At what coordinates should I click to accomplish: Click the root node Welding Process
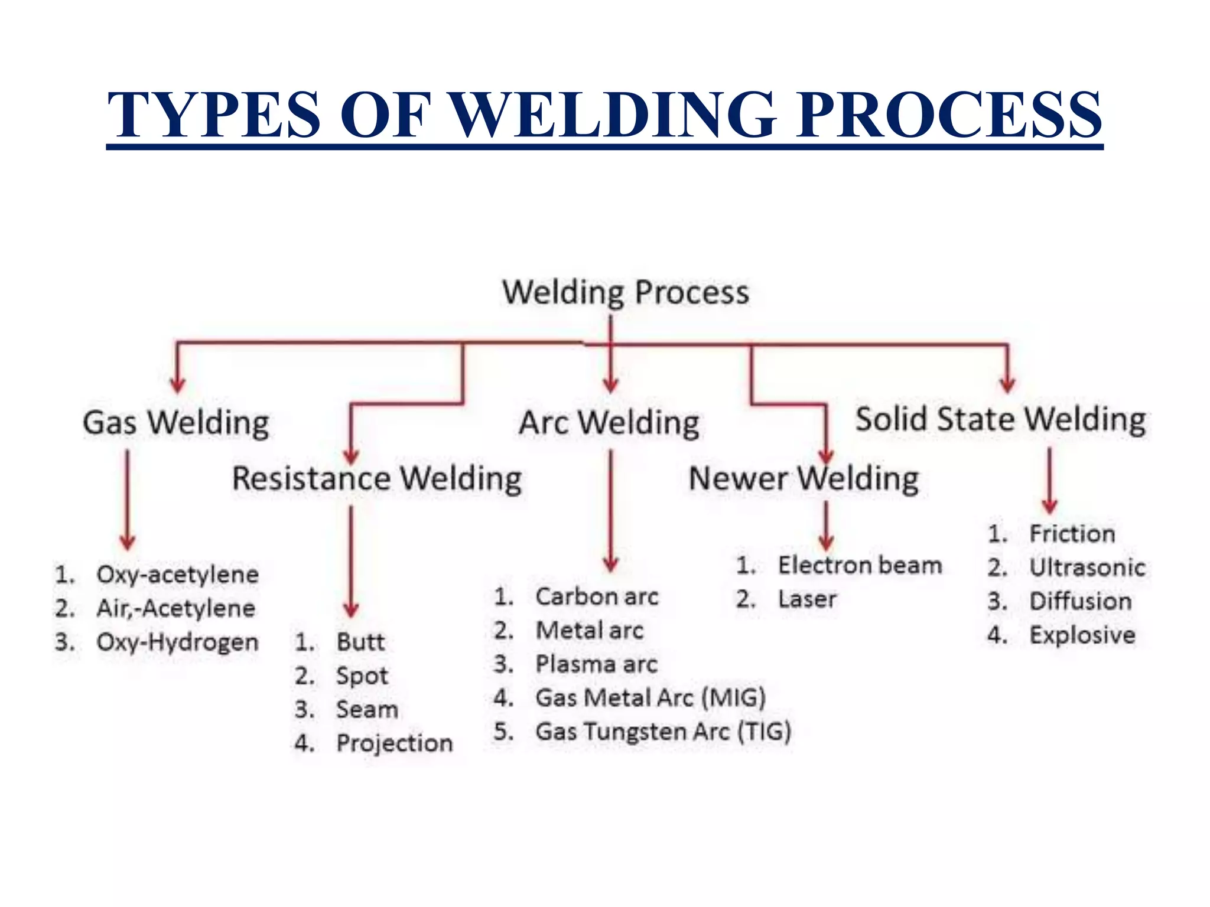626,292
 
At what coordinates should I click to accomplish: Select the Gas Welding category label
176,423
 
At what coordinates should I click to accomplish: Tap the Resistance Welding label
377,478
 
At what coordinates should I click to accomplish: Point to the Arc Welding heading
609,423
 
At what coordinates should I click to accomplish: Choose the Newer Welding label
804,478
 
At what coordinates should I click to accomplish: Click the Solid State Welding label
1001,419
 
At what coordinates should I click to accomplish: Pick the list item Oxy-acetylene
177,575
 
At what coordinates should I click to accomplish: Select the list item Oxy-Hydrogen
177,642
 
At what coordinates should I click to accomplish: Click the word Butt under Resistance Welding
360,642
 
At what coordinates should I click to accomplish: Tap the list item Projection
394,743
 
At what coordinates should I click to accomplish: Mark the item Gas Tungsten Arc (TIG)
663,732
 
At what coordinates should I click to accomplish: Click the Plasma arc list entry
596,664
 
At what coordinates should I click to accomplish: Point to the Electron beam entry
860,565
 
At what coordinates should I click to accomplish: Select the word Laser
807,599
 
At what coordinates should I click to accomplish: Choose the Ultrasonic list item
1087,567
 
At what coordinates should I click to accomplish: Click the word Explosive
1082,635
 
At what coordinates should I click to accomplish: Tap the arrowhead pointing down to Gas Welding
178,384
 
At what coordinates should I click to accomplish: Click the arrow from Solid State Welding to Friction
1050,481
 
